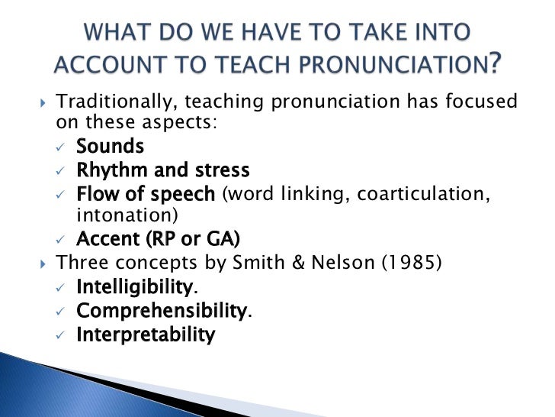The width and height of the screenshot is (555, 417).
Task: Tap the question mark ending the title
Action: coord(496,65)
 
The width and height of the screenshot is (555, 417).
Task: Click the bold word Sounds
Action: coord(110,145)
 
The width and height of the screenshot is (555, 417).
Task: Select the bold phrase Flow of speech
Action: coord(146,194)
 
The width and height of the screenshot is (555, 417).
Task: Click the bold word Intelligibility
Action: coord(133,288)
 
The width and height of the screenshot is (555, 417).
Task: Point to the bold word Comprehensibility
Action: coord(162,312)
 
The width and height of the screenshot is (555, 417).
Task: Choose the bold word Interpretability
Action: coord(145,335)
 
